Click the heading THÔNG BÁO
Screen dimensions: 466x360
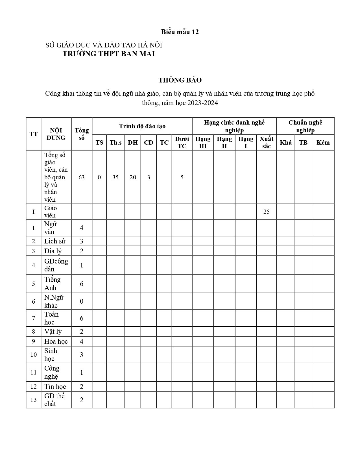coord(180,80)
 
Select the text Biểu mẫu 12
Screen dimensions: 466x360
coord(180,32)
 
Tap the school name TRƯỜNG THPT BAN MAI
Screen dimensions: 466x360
coord(109,54)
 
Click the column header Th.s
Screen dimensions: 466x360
coord(115,143)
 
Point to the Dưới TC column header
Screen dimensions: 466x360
coord(182,143)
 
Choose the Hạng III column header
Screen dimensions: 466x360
coord(203,143)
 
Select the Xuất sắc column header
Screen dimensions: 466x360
coord(266,143)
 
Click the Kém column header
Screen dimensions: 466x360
coord(323,143)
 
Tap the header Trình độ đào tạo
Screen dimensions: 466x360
coord(142,126)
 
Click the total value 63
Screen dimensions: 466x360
coord(82,177)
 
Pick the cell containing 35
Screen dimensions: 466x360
coord(115,177)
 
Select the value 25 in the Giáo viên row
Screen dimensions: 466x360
coord(266,212)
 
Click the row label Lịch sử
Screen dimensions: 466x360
coord(55,241)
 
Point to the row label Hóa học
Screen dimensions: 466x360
coord(56,341)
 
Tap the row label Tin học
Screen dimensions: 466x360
coord(55,387)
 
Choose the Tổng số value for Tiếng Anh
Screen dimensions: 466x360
coord(82,284)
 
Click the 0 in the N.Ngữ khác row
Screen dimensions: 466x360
coord(82,301)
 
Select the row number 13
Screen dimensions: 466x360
coord(34,400)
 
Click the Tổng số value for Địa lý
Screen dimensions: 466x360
coord(82,251)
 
